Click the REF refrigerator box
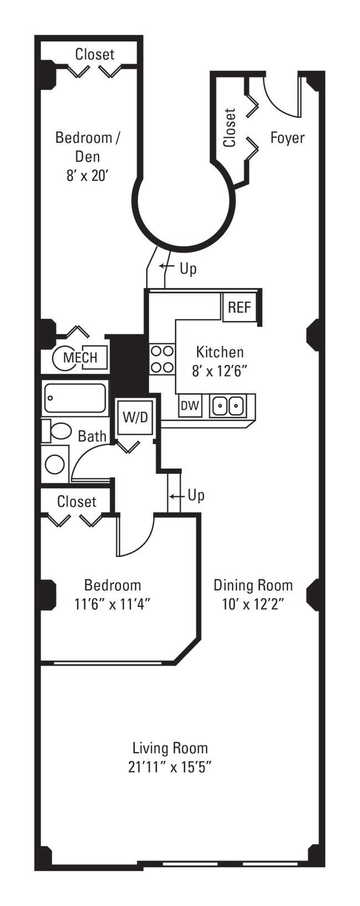click(239, 307)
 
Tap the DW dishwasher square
click(190, 406)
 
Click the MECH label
click(80, 358)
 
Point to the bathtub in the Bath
click(75, 399)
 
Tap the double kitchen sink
click(227, 406)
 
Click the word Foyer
click(287, 138)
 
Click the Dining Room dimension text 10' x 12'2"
click(253, 604)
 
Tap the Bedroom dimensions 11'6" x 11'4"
click(112, 604)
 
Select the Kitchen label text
click(220, 352)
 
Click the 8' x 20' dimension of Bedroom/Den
click(88, 176)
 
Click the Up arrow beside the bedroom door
click(176, 496)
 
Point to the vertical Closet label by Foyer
click(230, 127)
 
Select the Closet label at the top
click(95, 54)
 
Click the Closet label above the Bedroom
click(77, 502)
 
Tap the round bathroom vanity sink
click(55, 464)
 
